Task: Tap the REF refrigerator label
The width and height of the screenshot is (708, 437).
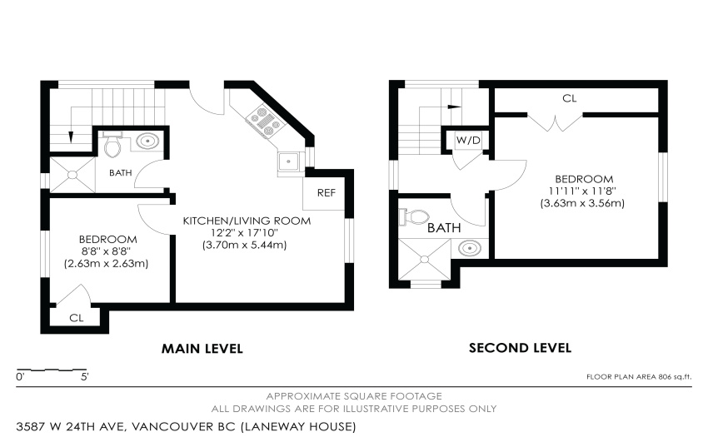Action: click(x=326, y=193)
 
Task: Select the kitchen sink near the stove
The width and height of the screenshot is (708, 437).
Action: click(x=287, y=161)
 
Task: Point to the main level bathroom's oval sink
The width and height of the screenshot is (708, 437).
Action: click(x=147, y=142)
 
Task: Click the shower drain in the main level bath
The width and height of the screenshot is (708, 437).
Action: click(x=72, y=174)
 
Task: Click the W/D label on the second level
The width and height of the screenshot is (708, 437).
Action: click(x=468, y=141)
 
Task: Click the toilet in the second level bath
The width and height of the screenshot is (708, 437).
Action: click(x=415, y=216)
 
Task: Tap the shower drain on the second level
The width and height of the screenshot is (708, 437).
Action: click(x=425, y=260)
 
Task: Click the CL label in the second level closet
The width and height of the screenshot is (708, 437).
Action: click(x=570, y=98)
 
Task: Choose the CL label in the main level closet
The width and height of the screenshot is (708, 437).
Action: click(x=77, y=318)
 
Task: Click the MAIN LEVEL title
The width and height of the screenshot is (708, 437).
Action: click(x=202, y=349)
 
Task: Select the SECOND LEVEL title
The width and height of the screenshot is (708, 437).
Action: click(x=520, y=348)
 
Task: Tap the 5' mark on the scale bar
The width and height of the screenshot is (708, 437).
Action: click(x=85, y=376)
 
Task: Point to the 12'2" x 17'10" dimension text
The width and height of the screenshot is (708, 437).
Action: click(x=244, y=233)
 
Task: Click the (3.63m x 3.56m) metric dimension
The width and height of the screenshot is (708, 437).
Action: click(x=582, y=203)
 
